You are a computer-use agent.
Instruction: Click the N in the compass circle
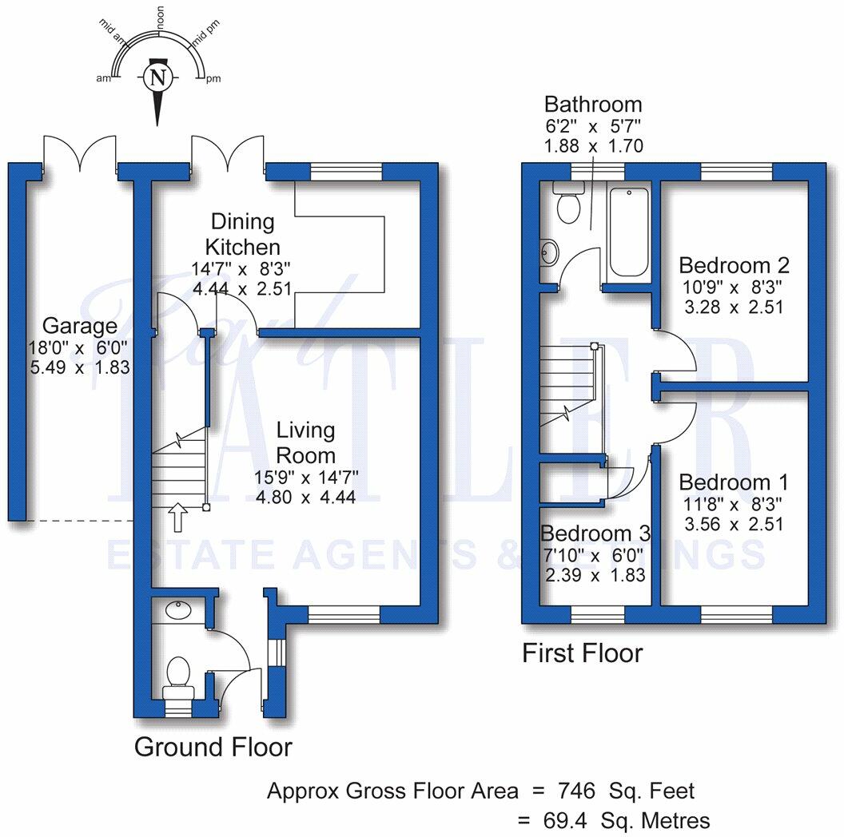pos(158,77)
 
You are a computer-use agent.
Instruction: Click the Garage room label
pos(80,326)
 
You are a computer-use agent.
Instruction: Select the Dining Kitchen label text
pos(242,234)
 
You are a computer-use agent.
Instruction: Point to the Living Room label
pos(305,442)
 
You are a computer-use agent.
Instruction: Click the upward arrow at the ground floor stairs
pos(177,517)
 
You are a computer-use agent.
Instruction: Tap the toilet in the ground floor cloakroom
pos(177,676)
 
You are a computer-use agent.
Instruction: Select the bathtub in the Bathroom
pos(630,232)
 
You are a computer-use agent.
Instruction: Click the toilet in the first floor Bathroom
pos(568,206)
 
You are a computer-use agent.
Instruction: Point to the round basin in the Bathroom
pos(548,252)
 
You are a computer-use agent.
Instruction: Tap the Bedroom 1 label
pos(734,482)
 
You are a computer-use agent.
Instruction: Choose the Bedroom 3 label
pos(595,534)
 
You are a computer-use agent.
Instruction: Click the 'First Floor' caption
pos(582,653)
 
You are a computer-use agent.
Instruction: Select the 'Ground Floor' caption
pos(213,748)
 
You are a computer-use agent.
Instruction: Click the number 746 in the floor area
pos(577,791)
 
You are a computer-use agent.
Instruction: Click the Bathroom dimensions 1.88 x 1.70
pos(593,146)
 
